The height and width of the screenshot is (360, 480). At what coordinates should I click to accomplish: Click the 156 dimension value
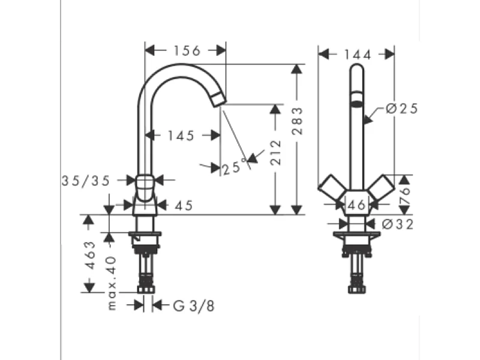point(187,51)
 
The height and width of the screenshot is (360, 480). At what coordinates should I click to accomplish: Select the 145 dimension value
point(181,136)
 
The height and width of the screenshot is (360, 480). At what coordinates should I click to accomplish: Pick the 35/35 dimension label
point(86,181)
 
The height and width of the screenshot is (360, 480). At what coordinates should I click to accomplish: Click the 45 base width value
point(184,205)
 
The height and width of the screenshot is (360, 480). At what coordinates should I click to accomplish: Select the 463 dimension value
point(89,256)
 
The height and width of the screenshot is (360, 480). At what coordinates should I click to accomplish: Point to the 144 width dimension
point(358,55)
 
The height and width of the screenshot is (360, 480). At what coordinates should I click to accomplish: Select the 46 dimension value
point(357,205)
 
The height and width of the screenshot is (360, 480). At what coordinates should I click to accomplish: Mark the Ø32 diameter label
point(395,224)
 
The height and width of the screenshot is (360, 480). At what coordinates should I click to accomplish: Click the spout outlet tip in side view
point(218,101)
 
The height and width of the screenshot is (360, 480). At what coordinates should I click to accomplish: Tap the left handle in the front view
point(331,190)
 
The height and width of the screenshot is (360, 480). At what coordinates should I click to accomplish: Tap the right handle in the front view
point(382,190)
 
